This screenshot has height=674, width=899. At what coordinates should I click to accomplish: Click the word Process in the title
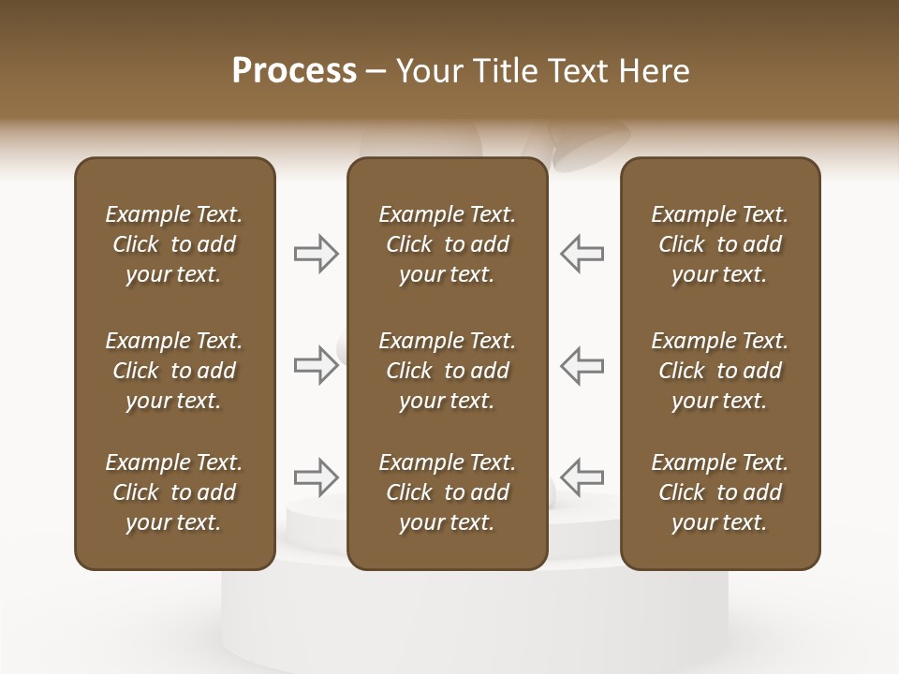(x=294, y=71)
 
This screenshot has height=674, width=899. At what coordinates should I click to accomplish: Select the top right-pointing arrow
(x=317, y=254)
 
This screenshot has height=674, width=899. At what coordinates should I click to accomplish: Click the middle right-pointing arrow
(x=317, y=365)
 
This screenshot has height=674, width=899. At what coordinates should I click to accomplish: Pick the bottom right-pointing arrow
(x=317, y=477)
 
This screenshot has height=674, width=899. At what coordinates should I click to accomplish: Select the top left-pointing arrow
(x=582, y=254)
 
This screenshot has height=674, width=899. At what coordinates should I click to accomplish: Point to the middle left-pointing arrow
(x=582, y=365)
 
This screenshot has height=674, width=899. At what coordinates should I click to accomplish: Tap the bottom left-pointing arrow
(x=582, y=477)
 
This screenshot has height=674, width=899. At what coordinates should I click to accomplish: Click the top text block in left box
(x=174, y=244)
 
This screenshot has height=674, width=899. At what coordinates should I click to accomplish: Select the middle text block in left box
(x=174, y=371)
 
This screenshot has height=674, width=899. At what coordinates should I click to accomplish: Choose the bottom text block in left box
(x=174, y=492)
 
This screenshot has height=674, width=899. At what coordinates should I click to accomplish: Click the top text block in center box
(x=447, y=244)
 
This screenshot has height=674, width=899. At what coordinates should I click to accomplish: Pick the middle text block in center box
(x=447, y=371)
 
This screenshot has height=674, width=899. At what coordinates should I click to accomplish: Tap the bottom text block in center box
(x=447, y=492)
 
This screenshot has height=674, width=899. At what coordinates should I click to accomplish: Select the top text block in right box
(x=719, y=244)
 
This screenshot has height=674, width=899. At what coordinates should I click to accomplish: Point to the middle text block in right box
(x=719, y=371)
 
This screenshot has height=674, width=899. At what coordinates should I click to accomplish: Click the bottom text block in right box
(x=719, y=492)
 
